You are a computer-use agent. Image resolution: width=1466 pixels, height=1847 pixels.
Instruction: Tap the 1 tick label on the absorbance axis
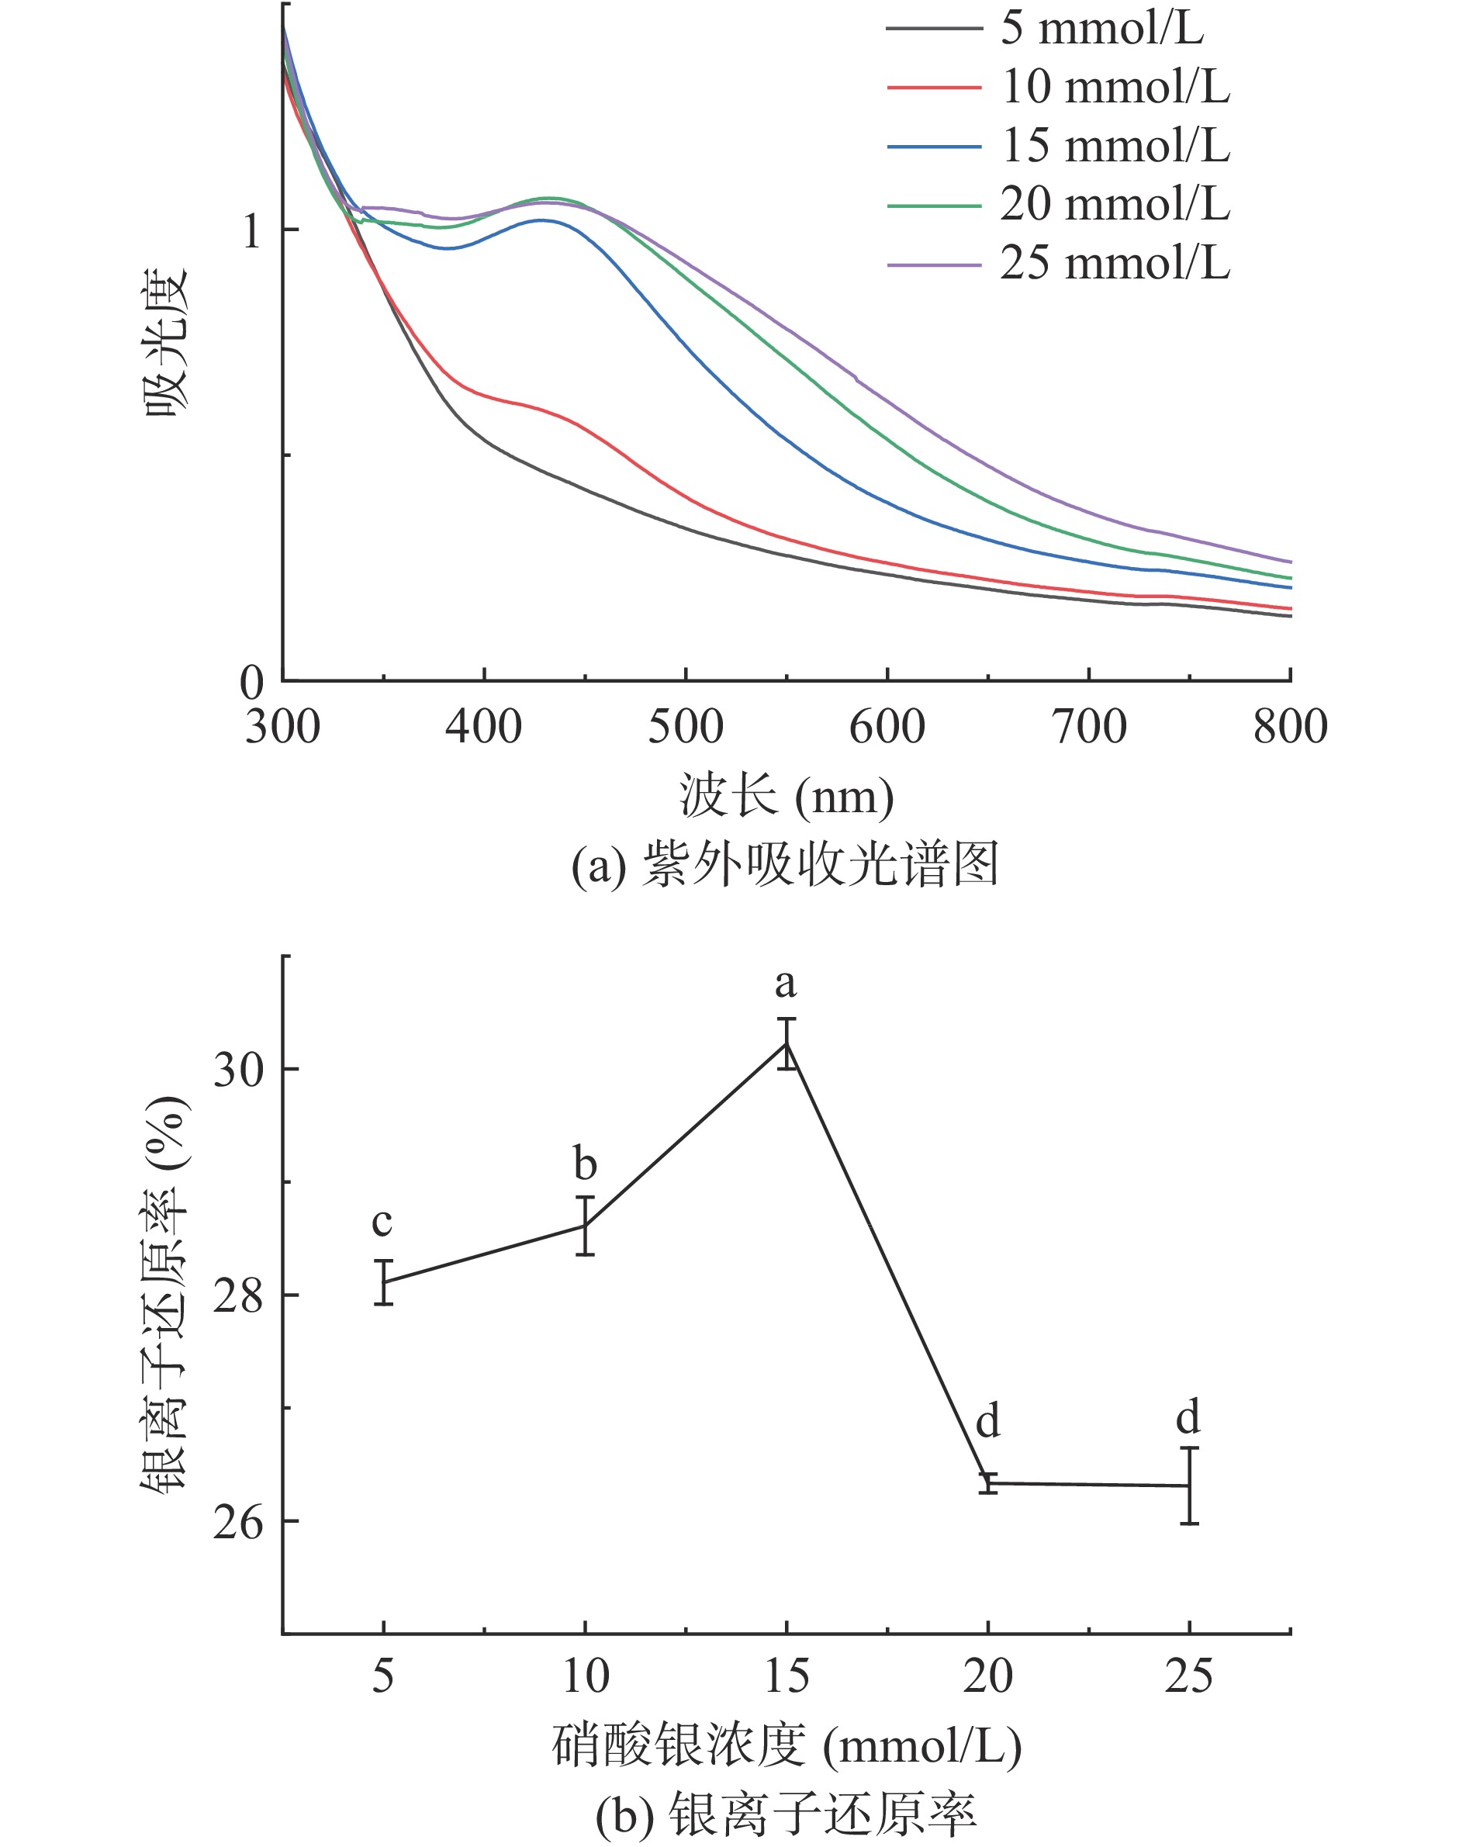(251, 231)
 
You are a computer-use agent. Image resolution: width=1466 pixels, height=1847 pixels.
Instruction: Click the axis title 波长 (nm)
(786, 796)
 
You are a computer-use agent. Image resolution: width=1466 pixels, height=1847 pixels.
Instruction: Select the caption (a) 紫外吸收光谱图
(785, 864)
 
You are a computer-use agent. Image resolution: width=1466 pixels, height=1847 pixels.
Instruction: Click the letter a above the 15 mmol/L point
(785, 984)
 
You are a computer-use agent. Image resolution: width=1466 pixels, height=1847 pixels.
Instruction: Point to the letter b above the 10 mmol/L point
(584, 1164)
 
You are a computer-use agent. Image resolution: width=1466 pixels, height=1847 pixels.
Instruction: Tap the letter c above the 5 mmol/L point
(382, 1223)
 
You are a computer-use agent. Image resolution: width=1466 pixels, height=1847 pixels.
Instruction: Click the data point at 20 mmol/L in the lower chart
(988, 1483)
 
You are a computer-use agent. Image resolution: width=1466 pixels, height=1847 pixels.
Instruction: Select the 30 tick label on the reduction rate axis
(237, 1069)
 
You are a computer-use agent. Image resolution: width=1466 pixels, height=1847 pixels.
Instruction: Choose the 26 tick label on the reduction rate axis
(237, 1522)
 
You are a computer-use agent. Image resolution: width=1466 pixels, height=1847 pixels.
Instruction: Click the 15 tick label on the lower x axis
(786, 1676)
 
